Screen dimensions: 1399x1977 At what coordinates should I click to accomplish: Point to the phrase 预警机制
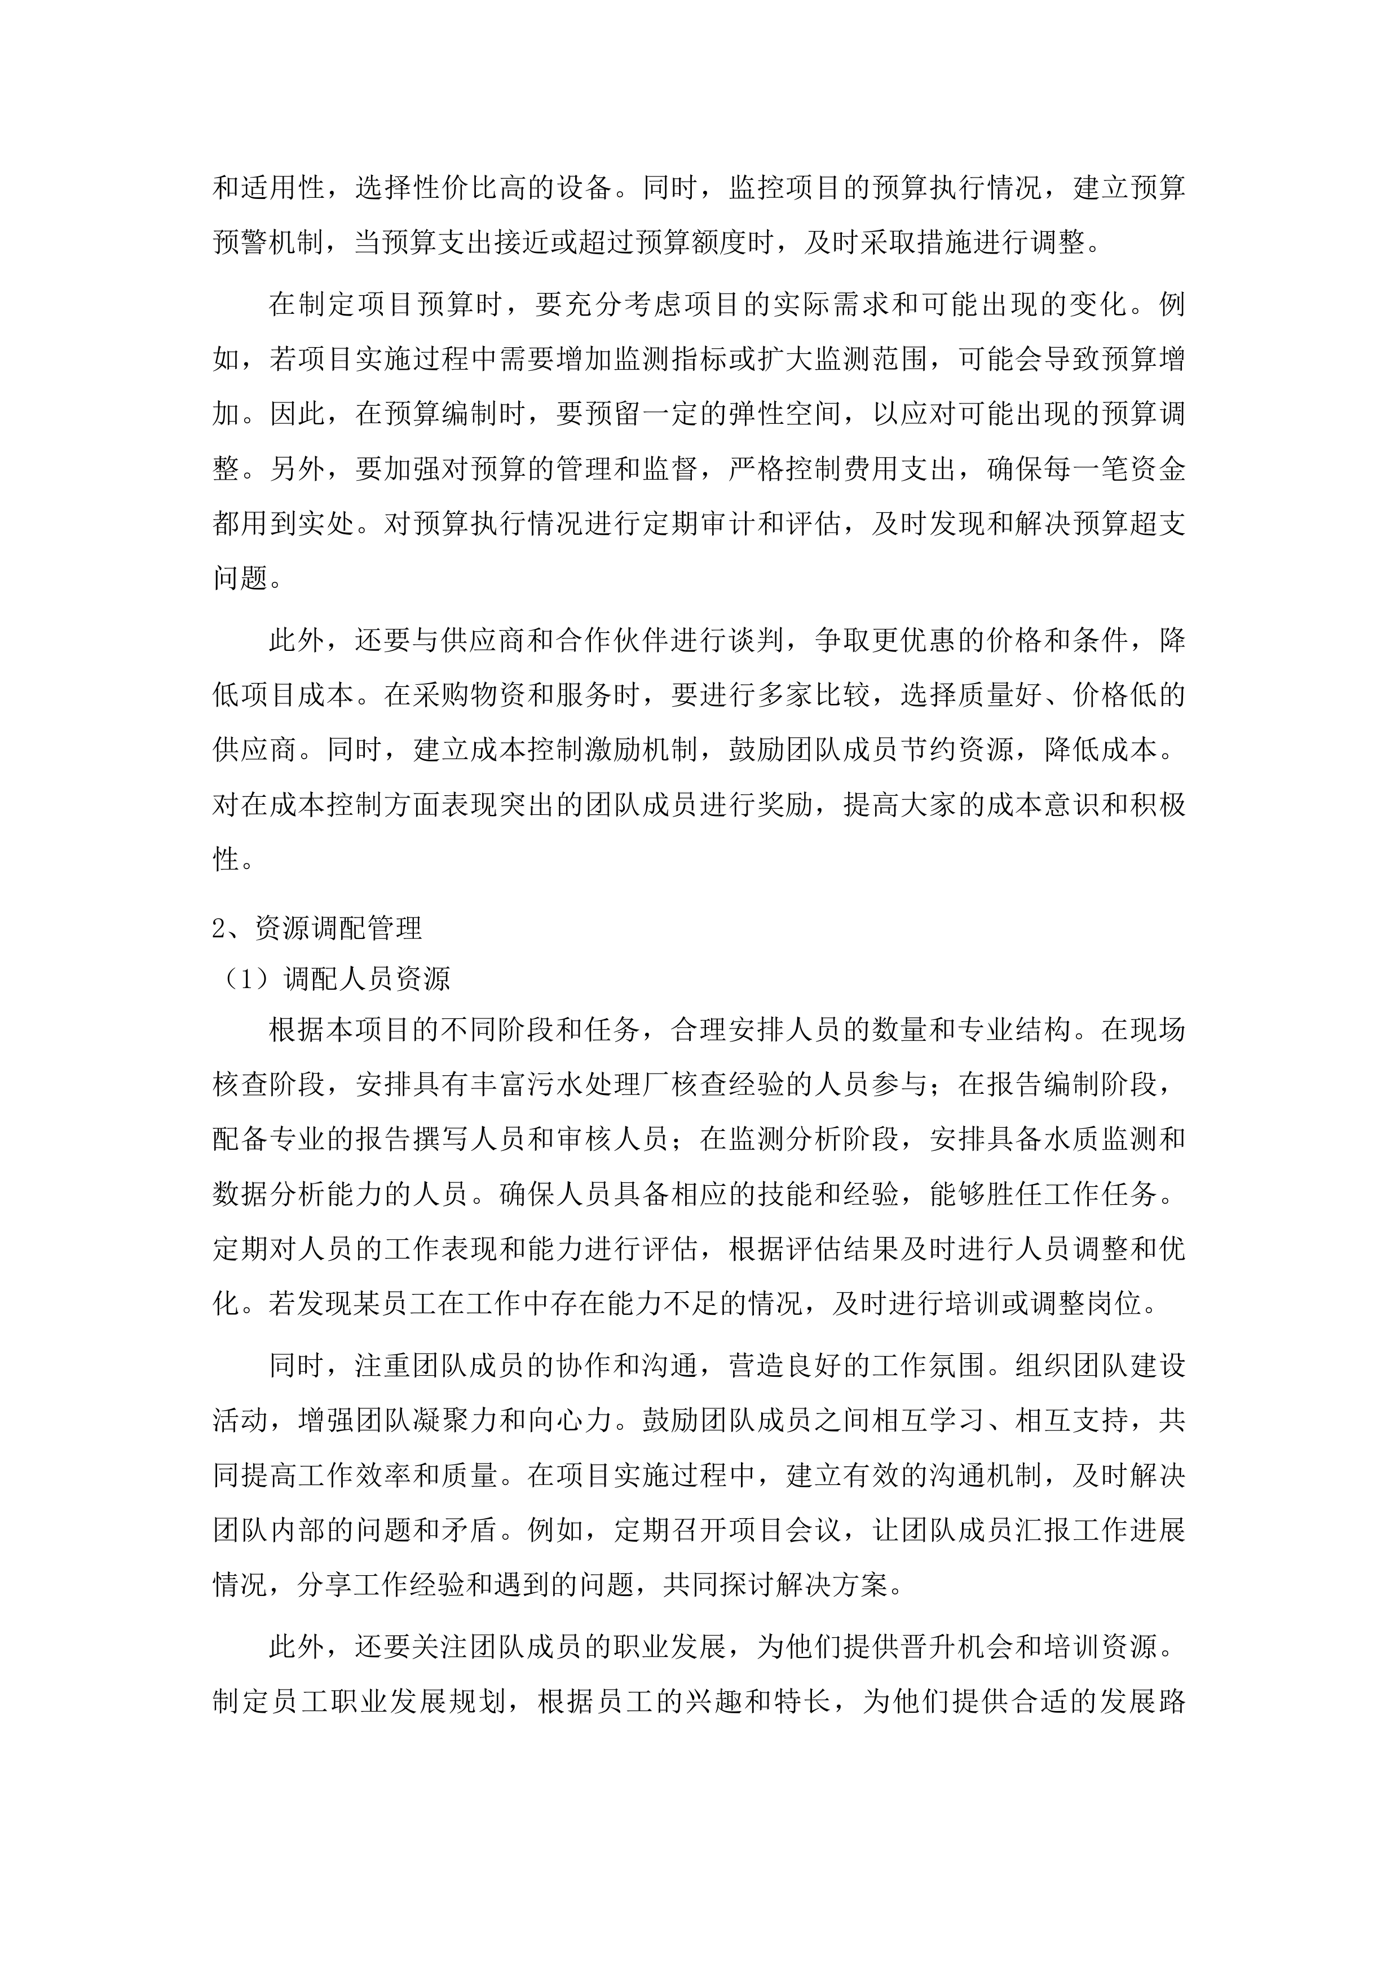pyautogui.click(x=269, y=243)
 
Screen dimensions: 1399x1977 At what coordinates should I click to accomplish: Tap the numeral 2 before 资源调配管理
pyautogui.click(x=219, y=928)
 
